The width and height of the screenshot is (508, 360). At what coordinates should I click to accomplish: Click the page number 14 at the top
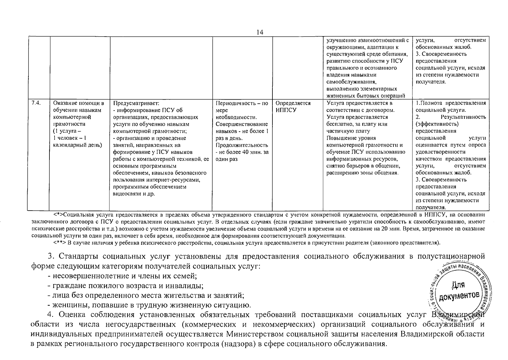tap(260, 32)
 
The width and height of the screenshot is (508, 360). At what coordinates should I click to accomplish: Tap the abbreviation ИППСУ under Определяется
tap(286, 110)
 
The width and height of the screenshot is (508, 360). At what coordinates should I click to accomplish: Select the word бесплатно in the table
tap(339, 124)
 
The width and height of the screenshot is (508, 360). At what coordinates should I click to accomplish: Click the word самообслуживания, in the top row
tap(347, 82)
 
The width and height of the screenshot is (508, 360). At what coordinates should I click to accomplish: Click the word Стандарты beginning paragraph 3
tap(79, 256)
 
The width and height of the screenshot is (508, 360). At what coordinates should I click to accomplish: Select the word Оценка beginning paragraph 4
tap(73, 315)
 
